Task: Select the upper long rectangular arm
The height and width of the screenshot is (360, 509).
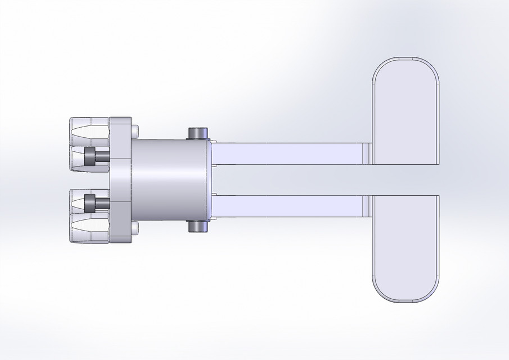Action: [287, 154]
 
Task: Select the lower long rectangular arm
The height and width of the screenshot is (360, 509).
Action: [287, 206]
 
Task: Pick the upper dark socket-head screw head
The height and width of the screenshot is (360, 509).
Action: [89, 156]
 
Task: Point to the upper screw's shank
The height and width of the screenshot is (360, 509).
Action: [102, 156]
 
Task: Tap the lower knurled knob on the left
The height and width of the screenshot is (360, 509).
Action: [88, 228]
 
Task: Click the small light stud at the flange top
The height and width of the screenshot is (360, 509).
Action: [134, 132]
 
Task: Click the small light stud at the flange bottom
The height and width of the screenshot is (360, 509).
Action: [134, 228]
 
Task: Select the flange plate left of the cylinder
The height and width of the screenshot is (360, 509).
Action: [120, 180]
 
